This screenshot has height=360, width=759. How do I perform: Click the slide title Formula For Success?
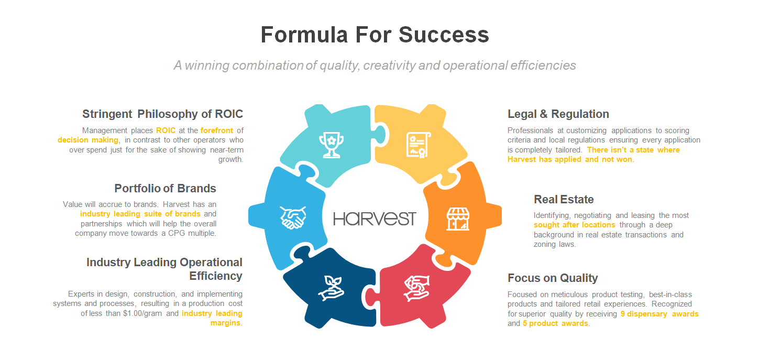click(375, 35)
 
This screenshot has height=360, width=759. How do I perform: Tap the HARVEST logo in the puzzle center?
click(375, 219)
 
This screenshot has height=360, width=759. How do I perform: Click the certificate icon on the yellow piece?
click(419, 145)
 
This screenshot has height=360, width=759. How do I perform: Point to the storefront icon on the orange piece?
click(457, 219)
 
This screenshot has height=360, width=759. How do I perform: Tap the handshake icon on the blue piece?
click(293, 217)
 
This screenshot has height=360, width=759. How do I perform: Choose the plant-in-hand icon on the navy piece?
click(331, 288)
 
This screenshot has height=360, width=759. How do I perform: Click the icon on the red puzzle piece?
click(416, 288)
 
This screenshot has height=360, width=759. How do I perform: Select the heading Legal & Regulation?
click(558, 114)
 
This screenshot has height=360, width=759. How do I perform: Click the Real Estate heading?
click(564, 199)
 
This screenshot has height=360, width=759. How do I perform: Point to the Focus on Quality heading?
click(552, 278)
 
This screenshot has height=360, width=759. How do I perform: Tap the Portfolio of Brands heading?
click(165, 188)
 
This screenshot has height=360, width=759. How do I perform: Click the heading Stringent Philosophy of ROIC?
click(162, 114)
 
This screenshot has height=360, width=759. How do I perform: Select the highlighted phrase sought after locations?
click(574, 225)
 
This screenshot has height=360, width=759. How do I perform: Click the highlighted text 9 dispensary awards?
click(659, 314)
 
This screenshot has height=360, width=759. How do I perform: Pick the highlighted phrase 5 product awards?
click(555, 323)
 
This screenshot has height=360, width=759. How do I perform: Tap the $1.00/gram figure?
click(142, 313)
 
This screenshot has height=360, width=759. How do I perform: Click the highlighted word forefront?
click(216, 130)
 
